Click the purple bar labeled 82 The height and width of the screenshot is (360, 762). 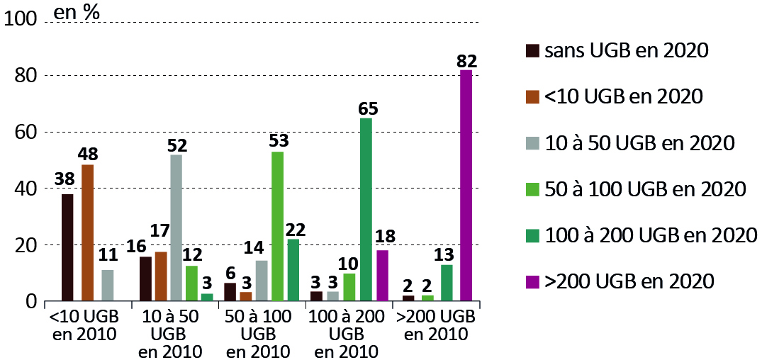[x=466, y=186]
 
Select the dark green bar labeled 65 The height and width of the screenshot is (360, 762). [x=366, y=210]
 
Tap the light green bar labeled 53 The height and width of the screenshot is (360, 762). [x=277, y=227]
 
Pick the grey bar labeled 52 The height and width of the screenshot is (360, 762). [x=176, y=228]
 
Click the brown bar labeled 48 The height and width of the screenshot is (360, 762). [x=87, y=233]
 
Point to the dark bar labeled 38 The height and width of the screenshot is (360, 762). [x=67, y=247]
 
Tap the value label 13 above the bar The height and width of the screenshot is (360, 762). [x=447, y=254]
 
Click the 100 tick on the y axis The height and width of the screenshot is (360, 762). [x=19, y=19]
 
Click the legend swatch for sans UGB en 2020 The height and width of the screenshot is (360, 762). [x=531, y=51]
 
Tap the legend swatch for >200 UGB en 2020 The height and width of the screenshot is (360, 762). [x=531, y=282]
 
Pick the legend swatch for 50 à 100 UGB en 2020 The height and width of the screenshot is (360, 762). [x=531, y=190]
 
